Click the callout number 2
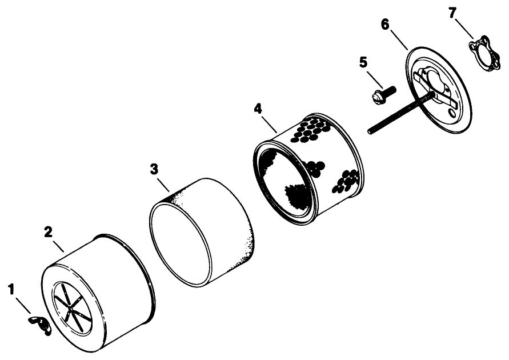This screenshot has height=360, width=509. [x=49, y=231]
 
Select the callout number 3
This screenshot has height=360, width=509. [x=154, y=169]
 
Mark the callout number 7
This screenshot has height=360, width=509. [x=452, y=13]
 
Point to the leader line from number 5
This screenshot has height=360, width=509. [x=373, y=77]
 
